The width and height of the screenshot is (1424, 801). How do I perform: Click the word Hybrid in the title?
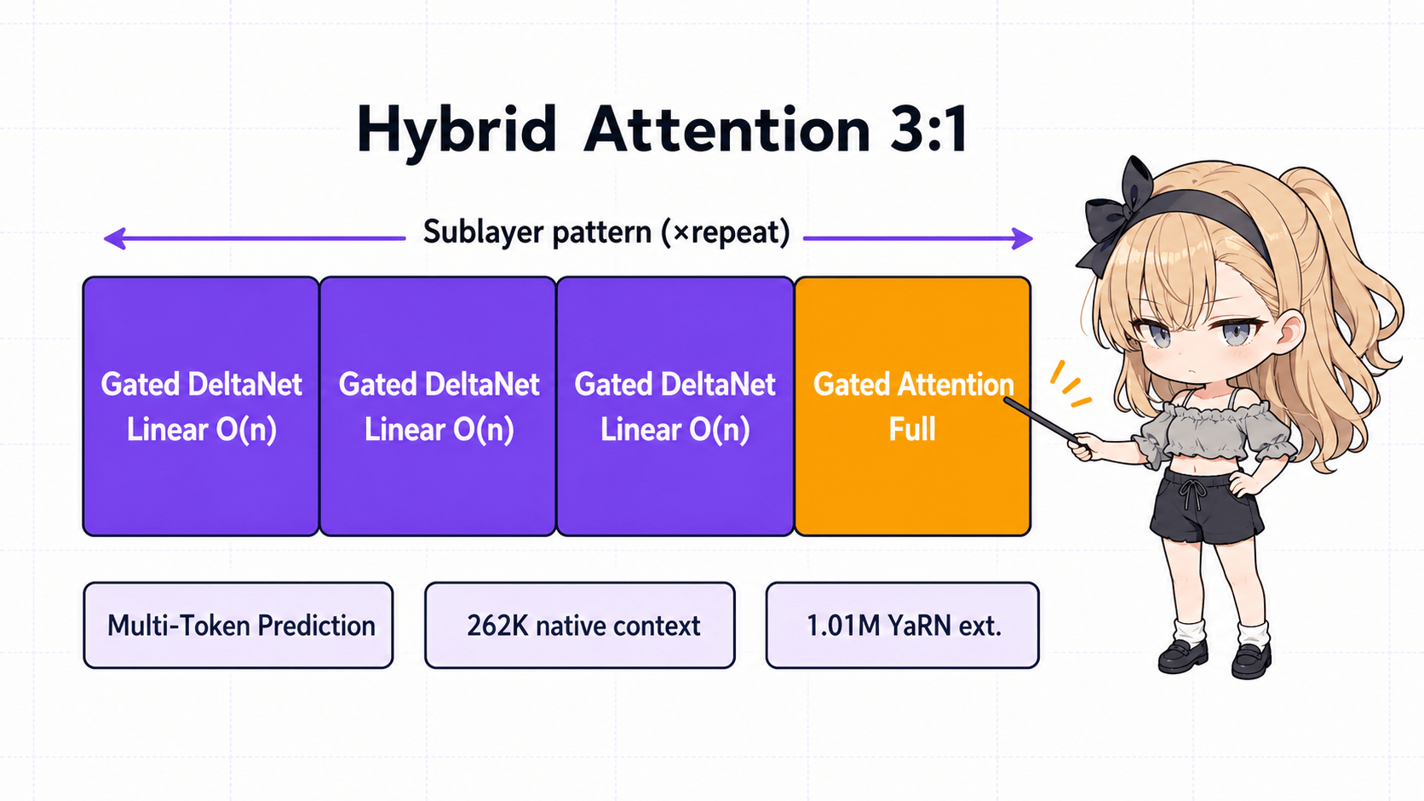tap(456, 130)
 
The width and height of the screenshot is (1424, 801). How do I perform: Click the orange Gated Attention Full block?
tap(912, 477)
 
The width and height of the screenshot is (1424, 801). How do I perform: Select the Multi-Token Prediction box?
tap(238, 626)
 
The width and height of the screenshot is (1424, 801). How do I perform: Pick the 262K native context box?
tap(580, 626)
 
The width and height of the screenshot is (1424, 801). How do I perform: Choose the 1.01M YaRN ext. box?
tap(902, 626)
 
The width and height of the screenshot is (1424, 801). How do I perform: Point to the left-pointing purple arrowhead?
tap(114, 238)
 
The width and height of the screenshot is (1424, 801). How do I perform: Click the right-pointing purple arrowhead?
tap(1022, 238)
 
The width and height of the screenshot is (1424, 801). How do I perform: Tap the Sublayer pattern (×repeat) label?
tap(606, 232)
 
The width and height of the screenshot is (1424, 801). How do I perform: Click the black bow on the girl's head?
tap(1116, 213)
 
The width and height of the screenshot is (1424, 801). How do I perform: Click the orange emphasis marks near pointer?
tap(1069, 385)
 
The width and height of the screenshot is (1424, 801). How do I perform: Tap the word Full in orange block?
tap(912, 429)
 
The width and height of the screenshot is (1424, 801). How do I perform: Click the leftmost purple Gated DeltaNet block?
tap(201, 477)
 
